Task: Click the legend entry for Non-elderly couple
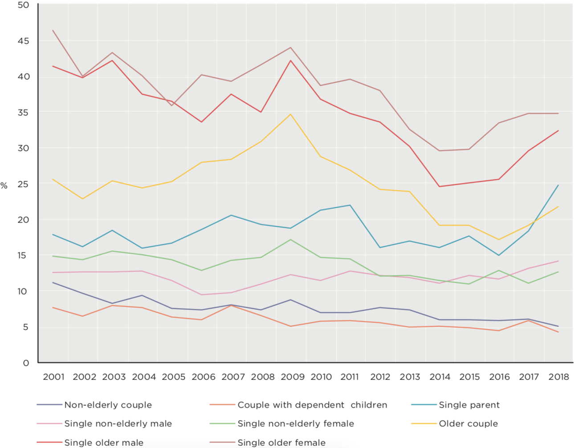(x=108, y=405)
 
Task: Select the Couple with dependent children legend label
(x=312, y=405)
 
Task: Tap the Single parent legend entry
(x=469, y=405)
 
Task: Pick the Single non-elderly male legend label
(x=118, y=424)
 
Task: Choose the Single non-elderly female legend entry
(x=295, y=424)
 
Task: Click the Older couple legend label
(x=468, y=424)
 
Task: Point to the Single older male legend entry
(x=104, y=443)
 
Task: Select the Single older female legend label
(x=281, y=443)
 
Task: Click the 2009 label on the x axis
(x=292, y=377)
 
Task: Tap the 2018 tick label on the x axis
(x=559, y=377)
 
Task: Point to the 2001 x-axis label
(x=53, y=377)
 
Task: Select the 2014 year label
(x=440, y=377)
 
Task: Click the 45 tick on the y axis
(x=24, y=41)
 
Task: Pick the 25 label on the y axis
(x=24, y=184)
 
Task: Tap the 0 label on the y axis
(x=26, y=363)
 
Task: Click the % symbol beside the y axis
(x=4, y=186)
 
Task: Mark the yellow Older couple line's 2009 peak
(x=291, y=114)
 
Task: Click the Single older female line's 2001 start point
(x=53, y=30)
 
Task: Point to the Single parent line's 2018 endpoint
(x=558, y=185)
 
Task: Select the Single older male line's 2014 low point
(x=440, y=186)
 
